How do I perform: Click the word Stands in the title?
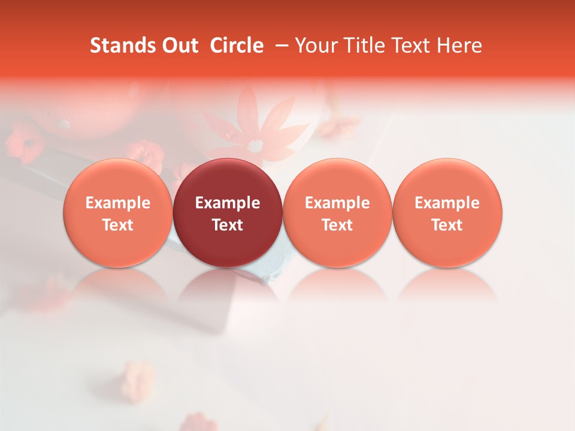click(118, 45)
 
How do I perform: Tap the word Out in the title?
click(178, 45)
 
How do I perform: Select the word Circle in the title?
click(237, 45)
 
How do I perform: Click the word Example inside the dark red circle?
click(228, 203)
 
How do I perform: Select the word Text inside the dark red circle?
click(228, 225)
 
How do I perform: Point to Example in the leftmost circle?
click(118, 203)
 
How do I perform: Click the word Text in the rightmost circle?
click(447, 225)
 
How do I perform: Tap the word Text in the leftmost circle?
click(118, 225)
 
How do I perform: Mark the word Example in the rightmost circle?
click(447, 203)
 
